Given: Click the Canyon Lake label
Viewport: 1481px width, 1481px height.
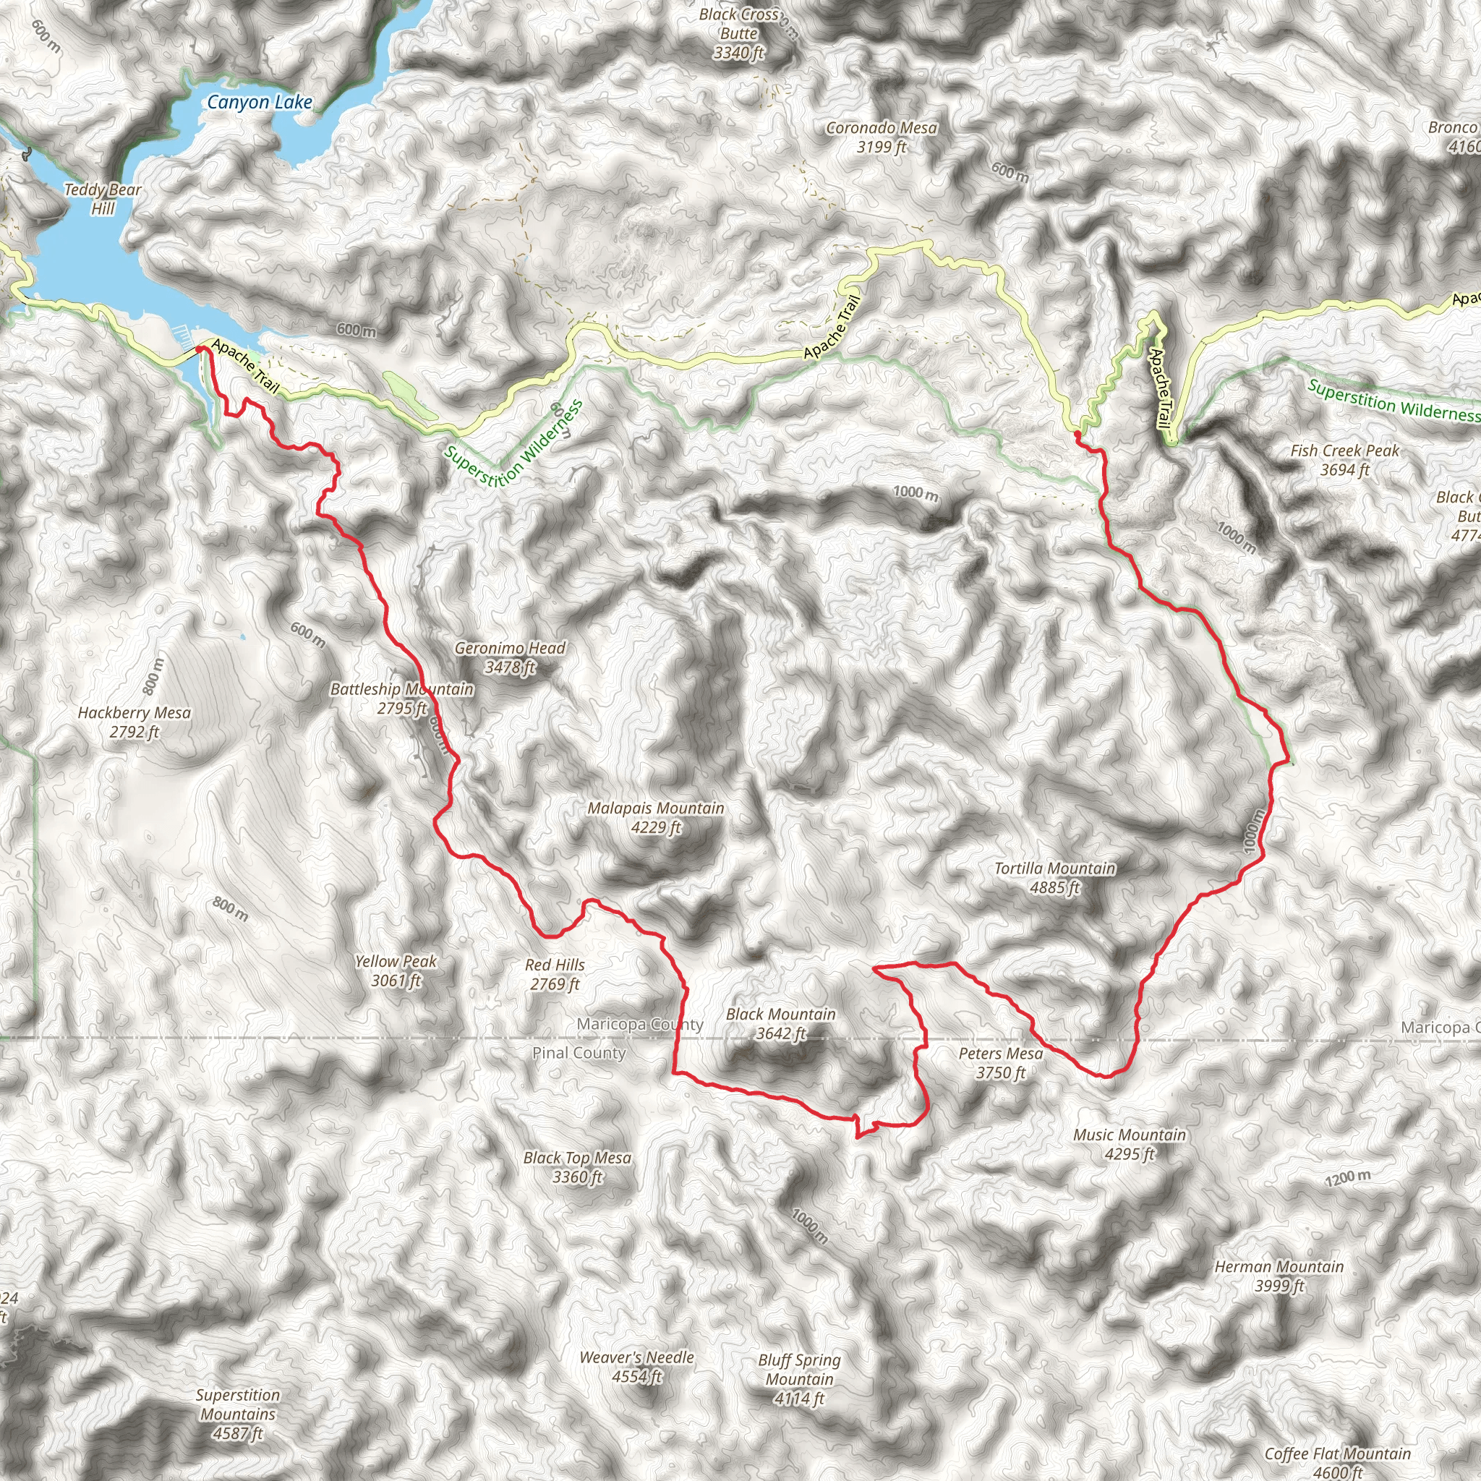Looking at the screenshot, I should point(259,102).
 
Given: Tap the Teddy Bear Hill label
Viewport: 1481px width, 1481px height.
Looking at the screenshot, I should point(103,199).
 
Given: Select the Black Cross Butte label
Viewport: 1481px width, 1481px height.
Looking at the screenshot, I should point(739,34).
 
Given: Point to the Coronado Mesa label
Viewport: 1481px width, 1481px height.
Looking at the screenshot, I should point(882,137).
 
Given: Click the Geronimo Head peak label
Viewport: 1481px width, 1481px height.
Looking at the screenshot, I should point(510,657).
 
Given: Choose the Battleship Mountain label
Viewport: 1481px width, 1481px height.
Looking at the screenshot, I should point(401,699).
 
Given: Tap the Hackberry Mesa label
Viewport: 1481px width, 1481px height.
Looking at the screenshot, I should point(135,721).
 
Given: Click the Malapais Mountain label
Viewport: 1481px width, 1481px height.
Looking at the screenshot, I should point(655,817).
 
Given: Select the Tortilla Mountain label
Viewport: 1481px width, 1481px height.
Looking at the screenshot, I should point(1055,878).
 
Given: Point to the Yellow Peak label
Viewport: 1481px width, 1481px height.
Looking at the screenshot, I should point(396,970).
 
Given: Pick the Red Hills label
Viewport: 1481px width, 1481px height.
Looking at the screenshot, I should point(555,974).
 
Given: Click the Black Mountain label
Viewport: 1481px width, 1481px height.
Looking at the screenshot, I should point(781,1023).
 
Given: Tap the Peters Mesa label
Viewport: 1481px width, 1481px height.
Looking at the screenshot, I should point(1000,1062).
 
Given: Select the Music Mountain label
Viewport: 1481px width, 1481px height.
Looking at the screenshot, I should point(1129,1144).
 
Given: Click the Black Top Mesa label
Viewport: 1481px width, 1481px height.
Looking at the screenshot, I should point(577,1166).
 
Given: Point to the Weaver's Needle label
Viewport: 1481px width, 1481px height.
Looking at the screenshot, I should point(636,1367).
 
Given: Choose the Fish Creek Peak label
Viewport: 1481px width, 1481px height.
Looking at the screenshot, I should point(1344,460).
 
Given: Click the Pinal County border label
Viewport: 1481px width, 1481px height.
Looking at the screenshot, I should point(579,1053).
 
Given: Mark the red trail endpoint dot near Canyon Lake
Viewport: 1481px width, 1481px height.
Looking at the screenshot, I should point(200,349).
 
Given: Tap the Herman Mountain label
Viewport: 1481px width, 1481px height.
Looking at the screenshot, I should point(1279,1276).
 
